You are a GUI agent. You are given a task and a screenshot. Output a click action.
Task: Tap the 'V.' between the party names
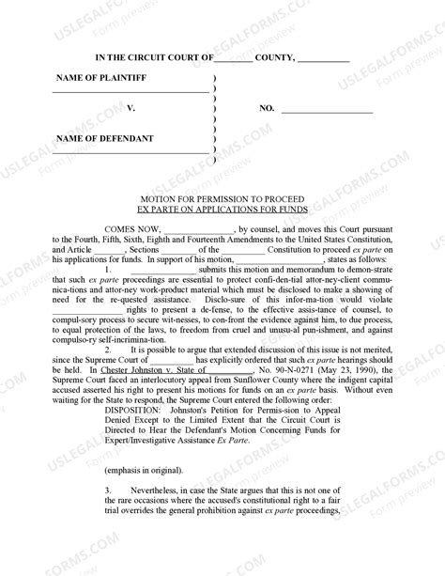(131, 109)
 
